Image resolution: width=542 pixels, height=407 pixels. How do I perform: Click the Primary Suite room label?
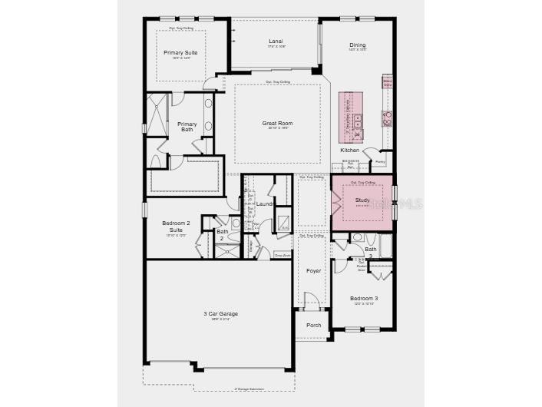(180, 53)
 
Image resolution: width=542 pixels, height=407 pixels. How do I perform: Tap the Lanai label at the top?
(276, 41)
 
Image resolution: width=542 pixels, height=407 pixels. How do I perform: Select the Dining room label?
(358, 45)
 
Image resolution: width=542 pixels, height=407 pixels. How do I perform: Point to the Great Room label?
(277, 123)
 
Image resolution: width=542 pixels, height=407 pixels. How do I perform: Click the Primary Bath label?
(187, 127)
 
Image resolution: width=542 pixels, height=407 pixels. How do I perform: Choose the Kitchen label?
(349, 151)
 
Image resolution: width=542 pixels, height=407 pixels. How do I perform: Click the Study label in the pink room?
(362, 200)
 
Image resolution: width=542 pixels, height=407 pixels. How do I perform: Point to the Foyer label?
(314, 271)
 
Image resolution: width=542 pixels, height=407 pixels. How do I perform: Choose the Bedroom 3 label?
(364, 298)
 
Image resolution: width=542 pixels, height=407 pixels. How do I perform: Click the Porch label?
(314, 325)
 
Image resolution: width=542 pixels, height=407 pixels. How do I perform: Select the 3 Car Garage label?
(220, 314)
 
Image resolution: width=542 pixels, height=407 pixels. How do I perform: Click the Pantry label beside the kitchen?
(378, 162)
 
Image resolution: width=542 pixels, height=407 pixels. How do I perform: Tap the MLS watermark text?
(408, 203)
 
